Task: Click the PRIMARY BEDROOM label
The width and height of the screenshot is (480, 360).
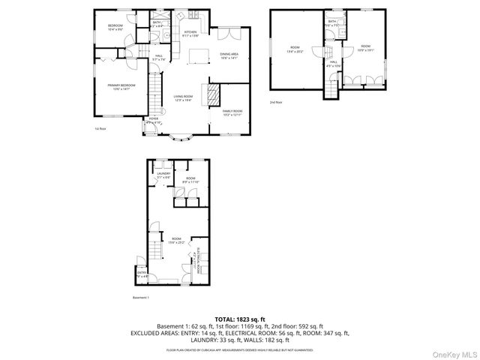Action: pos(121,87)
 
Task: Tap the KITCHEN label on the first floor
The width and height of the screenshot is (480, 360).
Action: pos(191,33)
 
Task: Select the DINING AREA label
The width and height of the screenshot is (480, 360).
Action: pos(229,55)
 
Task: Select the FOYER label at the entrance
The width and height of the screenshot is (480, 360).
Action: pos(153,119)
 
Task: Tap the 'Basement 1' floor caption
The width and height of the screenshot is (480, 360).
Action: pos(141,297)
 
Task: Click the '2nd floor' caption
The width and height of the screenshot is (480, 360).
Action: pos(277,101)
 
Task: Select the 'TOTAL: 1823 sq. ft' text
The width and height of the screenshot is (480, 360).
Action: pos(239,319)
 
